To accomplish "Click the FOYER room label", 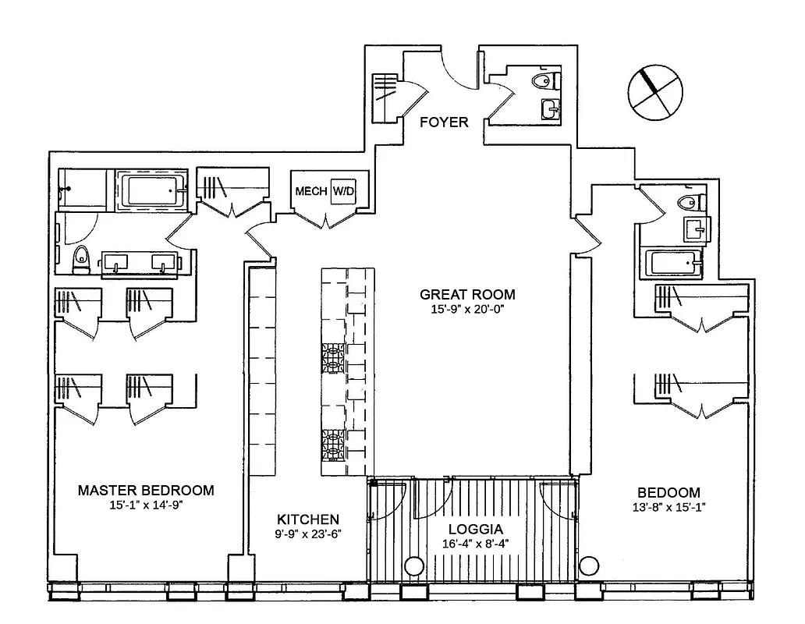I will coord(444,122).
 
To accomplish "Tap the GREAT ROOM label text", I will coord(467,294).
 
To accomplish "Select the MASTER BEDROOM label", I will coord(146,491).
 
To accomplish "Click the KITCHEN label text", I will coord(308,519).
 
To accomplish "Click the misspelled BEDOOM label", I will coord(668,493).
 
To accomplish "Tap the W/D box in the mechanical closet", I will coord(342,190).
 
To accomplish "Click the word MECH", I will coord(310,191).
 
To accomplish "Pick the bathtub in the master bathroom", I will coord(151,191).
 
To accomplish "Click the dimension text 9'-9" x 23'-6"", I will coord(308,534).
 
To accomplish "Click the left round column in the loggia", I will coord(413,565).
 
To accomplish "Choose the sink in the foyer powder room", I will coord(549,109).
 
